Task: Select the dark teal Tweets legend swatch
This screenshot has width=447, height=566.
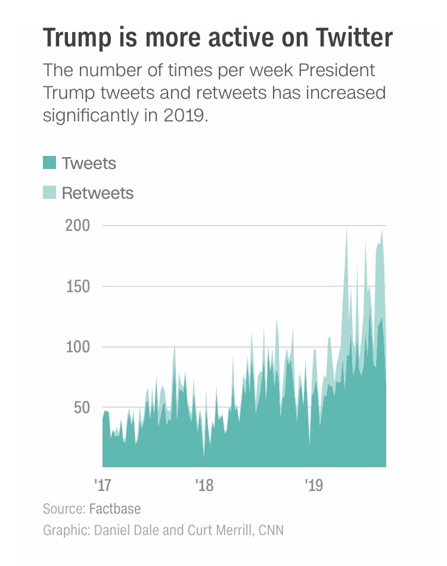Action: click(x=49, y=162)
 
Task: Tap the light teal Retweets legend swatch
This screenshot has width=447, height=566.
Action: click(x=49, y=192)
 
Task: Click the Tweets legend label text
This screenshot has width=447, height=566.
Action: click(x=89, y=162)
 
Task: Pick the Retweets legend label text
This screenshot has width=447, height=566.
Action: click(x=98, y=193)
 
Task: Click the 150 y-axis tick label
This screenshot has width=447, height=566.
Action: click(x=78, y=286)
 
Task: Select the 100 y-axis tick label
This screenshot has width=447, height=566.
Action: click(x=78, y=347)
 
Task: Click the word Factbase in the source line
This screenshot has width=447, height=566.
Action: click(x=115, y=509)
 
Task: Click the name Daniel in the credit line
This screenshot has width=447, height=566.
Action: click(x=111, y=529)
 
